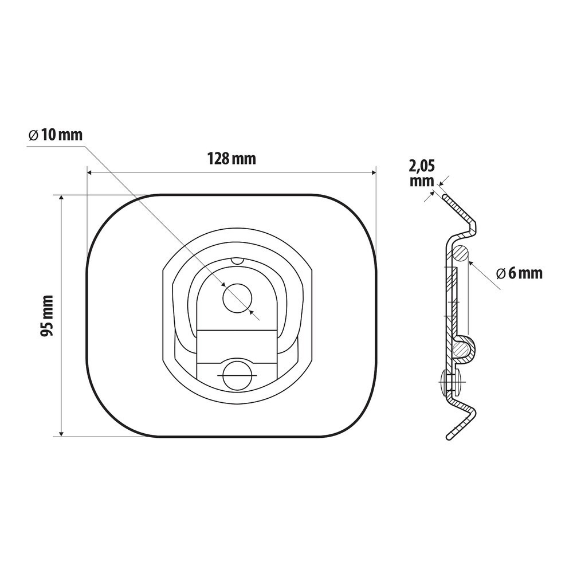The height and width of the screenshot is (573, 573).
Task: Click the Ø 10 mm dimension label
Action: (56, 135)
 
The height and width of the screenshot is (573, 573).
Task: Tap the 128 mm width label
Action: (231, 159)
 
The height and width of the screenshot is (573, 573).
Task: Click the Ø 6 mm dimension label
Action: (519, 273)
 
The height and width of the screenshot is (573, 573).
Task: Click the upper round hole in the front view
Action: (238, 298)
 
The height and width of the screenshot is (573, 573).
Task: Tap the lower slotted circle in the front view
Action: (238, 375)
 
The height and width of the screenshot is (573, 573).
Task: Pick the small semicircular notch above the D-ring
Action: (238, 261)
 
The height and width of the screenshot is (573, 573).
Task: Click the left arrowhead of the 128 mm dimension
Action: (90, 172)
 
